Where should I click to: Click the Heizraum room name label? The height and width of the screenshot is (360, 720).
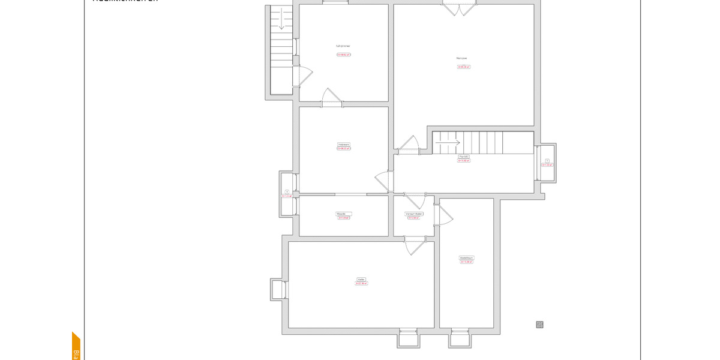pos(344,145)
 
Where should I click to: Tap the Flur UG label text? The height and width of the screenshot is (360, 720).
pos(463,157)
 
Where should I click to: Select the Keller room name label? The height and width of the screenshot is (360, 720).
pos(361,279)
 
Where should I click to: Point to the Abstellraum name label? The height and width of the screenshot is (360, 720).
pos(467,258)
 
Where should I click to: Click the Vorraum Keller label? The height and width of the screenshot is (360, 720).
pos(414,214)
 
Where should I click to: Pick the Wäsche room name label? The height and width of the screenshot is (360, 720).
pos(344,214)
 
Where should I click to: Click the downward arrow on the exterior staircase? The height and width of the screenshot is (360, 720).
pos(281,20)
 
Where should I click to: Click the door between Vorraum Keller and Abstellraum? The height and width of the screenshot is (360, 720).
pos(445,215)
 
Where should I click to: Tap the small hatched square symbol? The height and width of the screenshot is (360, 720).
pos(539,325)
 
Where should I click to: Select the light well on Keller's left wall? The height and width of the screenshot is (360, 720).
pos(278,289)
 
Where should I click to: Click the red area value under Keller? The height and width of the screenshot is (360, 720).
pos(361,284)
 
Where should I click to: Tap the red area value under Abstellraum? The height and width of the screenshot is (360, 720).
pos(467,262)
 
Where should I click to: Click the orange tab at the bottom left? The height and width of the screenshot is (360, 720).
pos(76,347)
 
